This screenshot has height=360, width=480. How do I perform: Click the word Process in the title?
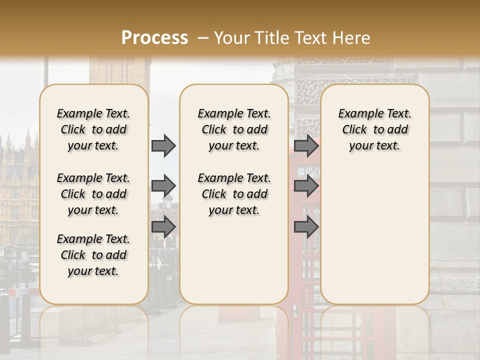(x=154, y=37)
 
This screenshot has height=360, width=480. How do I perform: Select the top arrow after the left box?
(x=163, y=145)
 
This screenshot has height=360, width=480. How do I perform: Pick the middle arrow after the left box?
(x=163, y=186)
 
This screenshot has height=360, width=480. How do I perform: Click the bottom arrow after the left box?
(x=163, y=226)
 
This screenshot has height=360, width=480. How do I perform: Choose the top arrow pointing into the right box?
(x=306, y=145)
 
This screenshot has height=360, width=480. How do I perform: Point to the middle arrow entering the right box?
(x=306, y=186)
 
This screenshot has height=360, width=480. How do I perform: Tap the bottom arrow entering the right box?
(x=306, y=226)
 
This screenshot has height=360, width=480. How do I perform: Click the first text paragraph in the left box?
(x=93, y=129)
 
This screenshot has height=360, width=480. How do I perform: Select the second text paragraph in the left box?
(x=93, y=194)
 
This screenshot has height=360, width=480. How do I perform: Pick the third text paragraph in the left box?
(x=93, y=255)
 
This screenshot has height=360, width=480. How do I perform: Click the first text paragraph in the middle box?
(x=234, y=129)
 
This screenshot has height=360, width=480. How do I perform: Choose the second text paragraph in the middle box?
(x=234, y=194)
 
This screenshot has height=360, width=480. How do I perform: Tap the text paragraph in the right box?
(x=375, y=129)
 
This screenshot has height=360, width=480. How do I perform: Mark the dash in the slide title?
(x=203, y=38)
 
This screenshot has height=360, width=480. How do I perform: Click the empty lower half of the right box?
(x=375, y=240)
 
